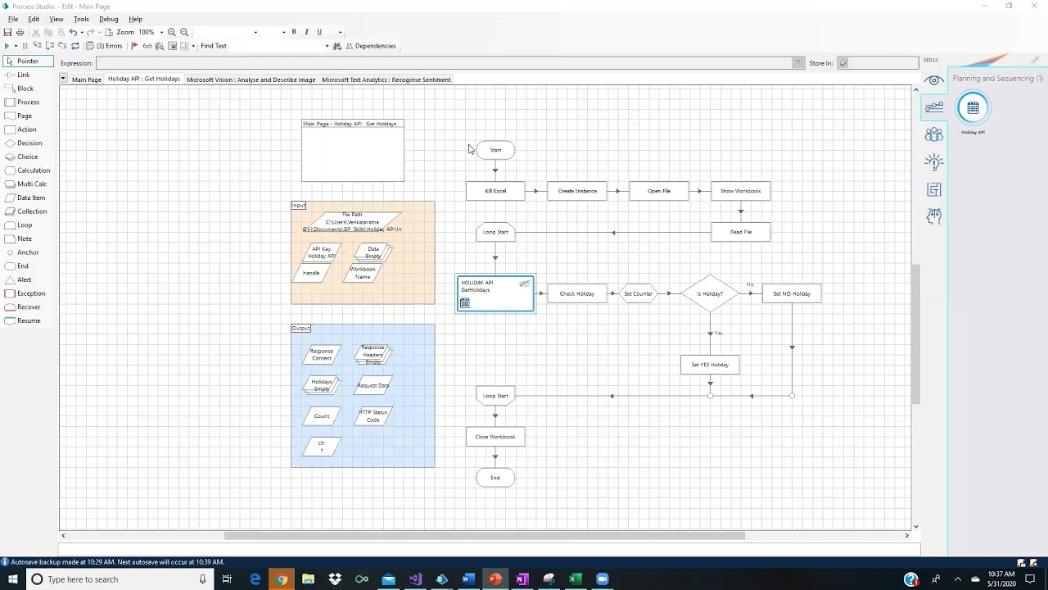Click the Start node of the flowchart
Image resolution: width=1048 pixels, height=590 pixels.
(495, 150)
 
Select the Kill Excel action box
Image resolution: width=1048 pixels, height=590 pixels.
(495, 191)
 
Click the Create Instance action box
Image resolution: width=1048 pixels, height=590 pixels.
(577, 191)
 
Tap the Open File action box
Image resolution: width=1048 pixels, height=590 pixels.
(659, 191)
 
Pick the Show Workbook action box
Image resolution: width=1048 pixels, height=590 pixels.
(740, 191)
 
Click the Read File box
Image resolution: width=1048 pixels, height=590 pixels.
(740, 232)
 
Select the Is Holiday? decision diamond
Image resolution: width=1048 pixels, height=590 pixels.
(710, 293)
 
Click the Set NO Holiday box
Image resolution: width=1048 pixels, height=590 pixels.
(791, 293)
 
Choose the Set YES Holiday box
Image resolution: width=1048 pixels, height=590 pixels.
(710, 365)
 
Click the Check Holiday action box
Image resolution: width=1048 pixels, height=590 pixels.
(577, 293)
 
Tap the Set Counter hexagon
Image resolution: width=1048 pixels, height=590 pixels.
(639, 293)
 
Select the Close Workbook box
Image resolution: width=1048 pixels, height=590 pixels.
(495, 437)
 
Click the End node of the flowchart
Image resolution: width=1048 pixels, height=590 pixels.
(495, 478)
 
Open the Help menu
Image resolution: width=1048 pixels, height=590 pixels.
(135, 19)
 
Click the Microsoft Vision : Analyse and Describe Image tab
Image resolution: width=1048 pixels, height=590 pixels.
(251, 79)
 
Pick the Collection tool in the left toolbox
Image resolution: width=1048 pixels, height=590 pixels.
(32, 211)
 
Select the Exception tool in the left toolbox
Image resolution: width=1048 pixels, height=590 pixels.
(31, 293)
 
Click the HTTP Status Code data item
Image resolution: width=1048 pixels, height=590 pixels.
(373, 416)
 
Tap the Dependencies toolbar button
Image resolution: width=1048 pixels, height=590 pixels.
(370, 46)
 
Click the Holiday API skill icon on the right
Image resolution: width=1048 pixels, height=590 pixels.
(973, 108)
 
